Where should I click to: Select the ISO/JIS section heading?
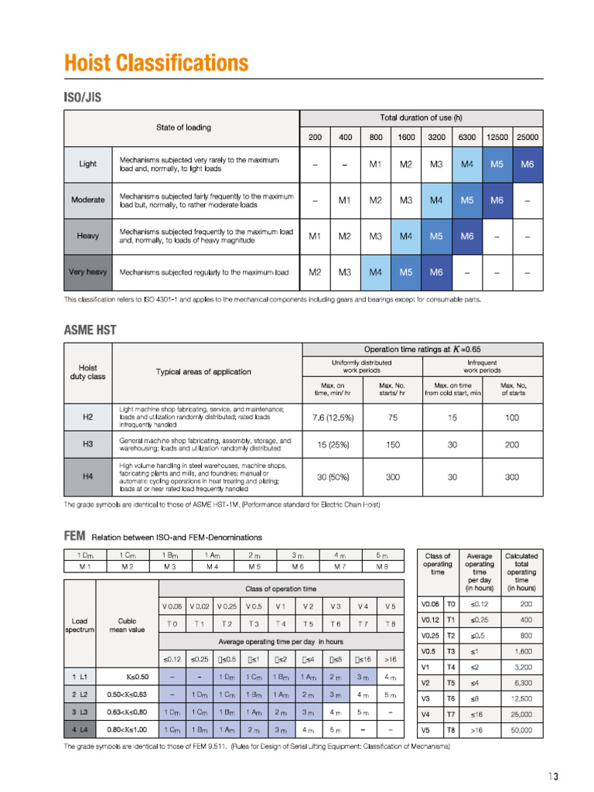[x=82, y=97]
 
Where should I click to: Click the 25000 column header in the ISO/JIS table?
[x=527, y=137]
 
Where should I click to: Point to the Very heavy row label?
[x=87, y=272]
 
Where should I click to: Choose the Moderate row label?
[x=87, y=200]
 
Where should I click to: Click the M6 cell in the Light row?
[x=527, y=164]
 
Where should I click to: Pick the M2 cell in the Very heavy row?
[x=315, y=272]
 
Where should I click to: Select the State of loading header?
[x=183, y=127]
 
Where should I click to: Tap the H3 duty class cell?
[x=87, y=444]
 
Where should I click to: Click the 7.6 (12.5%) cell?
[x=333, y=418]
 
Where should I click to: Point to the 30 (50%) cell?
[x=333, y=477]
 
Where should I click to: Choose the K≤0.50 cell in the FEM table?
[x=127, y=678]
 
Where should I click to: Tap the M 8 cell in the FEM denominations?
[x=382, y=567]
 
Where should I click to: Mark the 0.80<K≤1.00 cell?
[x=127, y=729]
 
